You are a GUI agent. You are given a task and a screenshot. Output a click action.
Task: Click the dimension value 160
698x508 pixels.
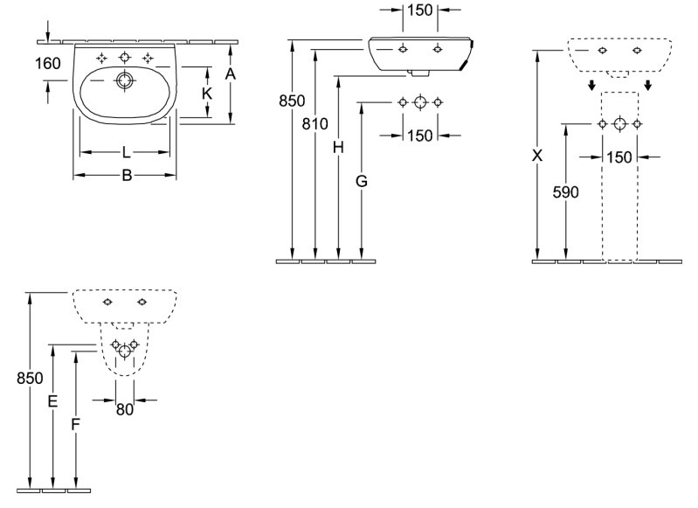point(48,64)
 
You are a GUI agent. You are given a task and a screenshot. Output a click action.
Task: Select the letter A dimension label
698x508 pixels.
point(230,73)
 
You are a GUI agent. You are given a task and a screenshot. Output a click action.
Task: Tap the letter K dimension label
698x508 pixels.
point(206,94)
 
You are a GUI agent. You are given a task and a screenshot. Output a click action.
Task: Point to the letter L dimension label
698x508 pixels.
point(127,152)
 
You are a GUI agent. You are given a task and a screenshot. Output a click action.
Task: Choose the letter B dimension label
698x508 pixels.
point(127,176)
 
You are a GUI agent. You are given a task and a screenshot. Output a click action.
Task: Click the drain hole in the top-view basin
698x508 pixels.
point(124,80)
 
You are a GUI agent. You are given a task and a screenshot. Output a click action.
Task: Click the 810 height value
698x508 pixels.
point(314,124)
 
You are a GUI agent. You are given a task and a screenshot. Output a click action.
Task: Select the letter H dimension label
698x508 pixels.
point(338,147)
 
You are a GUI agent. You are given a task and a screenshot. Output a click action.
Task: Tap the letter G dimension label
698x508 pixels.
point(362,181)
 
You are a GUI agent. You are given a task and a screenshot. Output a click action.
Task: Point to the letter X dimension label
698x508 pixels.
point(538,156)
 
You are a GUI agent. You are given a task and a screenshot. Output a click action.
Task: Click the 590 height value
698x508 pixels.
point(566,192)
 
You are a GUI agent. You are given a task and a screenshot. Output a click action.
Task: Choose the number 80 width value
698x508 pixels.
point(125,409)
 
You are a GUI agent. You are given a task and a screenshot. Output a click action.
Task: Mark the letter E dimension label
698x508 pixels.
point(52,401)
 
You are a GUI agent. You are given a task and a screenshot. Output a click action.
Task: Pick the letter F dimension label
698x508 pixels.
point(76,425)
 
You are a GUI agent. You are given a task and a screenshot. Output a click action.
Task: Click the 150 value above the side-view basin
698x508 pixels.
point(420,10)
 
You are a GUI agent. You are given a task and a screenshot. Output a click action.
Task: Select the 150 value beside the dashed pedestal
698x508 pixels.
point(619,157)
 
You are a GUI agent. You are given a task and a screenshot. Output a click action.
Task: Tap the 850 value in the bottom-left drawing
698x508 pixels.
point(30,379)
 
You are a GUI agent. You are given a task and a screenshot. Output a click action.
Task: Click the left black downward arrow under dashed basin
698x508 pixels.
point(591,85)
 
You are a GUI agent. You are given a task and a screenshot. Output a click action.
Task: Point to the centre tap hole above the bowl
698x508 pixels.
point(125,58)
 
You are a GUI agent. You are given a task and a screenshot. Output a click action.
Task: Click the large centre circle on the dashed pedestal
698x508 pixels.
point(619,124)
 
